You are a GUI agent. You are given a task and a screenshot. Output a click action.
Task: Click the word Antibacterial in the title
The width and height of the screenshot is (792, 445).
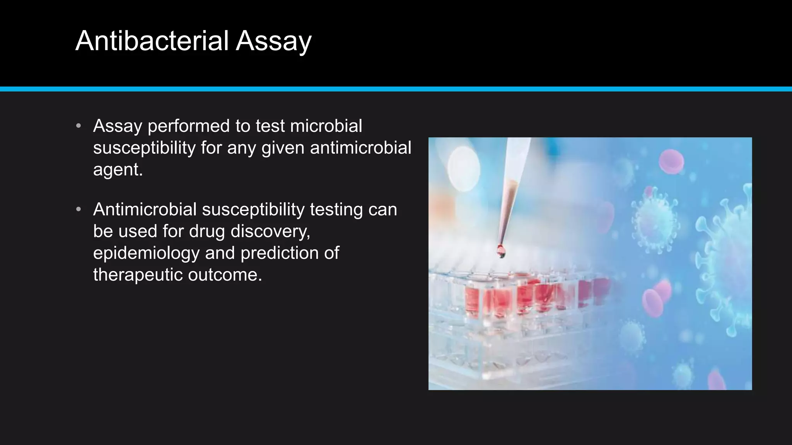tap(152, 41)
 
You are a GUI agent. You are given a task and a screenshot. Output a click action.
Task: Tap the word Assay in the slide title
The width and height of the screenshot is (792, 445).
tap(273, 41)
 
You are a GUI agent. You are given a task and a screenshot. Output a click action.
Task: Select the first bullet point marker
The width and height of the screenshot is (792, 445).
tap(79, 126)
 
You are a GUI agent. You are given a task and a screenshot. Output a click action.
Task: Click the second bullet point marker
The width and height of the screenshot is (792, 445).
tap(79, 209)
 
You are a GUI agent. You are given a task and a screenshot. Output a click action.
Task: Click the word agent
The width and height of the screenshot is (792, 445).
tap(118, 170)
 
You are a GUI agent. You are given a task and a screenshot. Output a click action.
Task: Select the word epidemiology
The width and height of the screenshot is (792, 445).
tap(146, 253)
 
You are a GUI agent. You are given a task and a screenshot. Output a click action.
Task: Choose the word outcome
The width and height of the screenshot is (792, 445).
tap(225, 275)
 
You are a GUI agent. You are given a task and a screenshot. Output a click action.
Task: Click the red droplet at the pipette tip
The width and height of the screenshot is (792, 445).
tap(501, 251)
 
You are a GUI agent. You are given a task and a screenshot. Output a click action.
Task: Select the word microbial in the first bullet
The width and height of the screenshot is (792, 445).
tap(326, 126)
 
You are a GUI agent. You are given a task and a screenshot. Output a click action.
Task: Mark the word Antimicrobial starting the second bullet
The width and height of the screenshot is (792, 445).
tap(145, 209)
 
